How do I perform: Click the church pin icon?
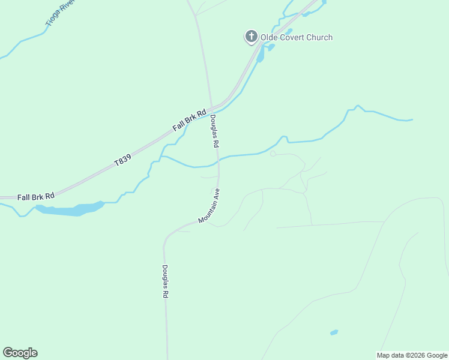tap(251, 37)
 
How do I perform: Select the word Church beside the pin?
tap(319, 38)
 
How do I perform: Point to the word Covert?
tap(293, 38)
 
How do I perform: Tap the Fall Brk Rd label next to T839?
tap(189, 120)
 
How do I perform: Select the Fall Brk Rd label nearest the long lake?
tap(36, 196)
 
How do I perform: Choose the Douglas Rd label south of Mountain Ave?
tap(165, 281)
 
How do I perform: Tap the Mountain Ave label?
tap(209, 206)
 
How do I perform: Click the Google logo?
tap(20, 353)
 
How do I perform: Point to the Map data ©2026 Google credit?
tap(412, 355)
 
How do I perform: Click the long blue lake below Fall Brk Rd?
tap(69, 209)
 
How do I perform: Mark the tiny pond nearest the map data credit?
tap(334, 332)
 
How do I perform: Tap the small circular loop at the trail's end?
tap(273, 154)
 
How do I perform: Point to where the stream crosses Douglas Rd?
tap(218, 160)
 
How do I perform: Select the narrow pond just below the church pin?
tap(260, 55)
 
